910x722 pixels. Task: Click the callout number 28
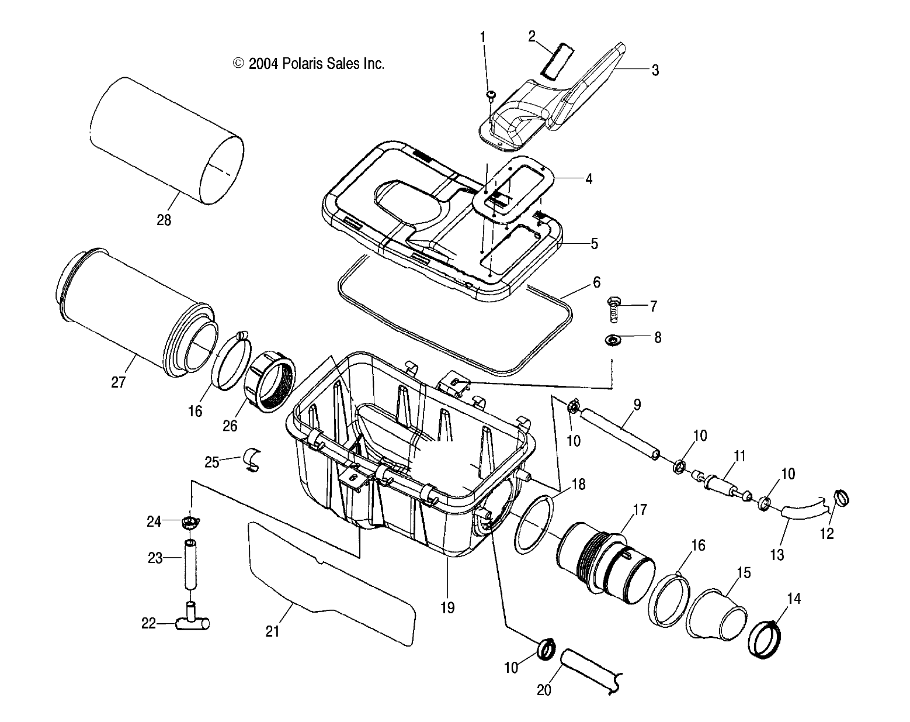coord(164,220)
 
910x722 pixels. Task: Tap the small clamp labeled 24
coord(192,521)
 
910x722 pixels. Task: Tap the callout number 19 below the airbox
coord(447,607)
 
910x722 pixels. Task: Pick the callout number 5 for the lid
coord(594,243)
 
